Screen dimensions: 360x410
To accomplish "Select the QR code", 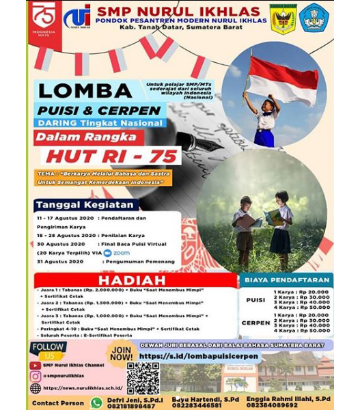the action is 143,378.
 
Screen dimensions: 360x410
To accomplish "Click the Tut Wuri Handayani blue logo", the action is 315,18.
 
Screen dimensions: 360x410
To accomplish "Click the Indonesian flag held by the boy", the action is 283,79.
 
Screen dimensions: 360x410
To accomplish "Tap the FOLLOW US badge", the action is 47,350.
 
